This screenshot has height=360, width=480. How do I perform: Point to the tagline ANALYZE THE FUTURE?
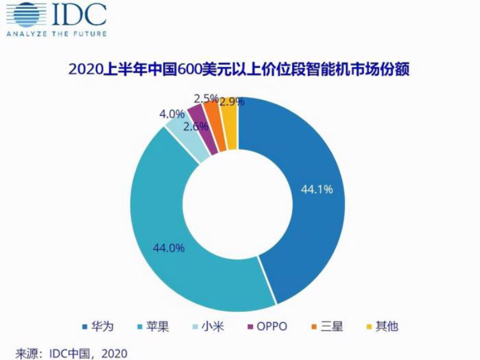tap(56, 34)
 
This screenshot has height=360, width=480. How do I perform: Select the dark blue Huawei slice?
tap(300, 198)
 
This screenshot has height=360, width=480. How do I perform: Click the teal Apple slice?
tap(174, 228)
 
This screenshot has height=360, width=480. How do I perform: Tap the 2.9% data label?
tap(232, 101)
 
